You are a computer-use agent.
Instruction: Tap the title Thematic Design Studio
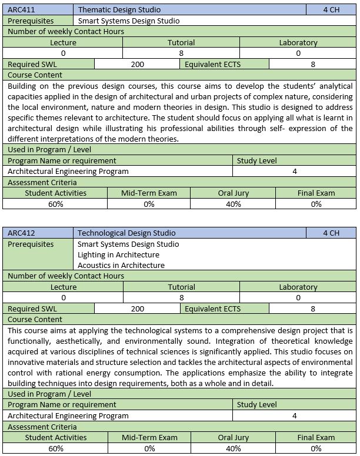(119, 9)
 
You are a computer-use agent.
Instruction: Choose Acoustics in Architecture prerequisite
(121, 265)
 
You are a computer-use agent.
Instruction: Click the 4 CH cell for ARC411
(331, 9)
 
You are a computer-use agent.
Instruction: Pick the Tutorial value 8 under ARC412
(181, 298)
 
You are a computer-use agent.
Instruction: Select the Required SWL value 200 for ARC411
(138, 64)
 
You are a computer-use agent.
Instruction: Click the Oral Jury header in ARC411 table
(233, 193)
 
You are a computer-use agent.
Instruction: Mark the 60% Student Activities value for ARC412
(56, 448)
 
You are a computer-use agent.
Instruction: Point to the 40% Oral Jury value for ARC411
(233, 204)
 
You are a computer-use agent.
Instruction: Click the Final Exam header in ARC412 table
(316, 437)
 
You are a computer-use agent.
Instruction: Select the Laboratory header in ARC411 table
(298, 42)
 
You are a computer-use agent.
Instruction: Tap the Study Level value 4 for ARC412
(294, 415)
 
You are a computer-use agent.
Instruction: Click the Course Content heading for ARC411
(35, 75)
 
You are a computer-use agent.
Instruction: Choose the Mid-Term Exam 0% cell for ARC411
(149, 204)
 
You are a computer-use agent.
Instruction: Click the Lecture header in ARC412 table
(64, 287)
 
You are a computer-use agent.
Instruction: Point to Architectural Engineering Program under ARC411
(68, 171)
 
